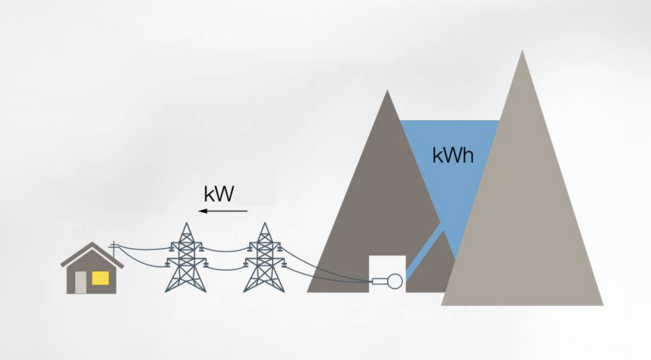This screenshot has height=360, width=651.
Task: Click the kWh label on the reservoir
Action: pos(453,155)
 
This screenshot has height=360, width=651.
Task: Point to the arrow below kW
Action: pos(223,211)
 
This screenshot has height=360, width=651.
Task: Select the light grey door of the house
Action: pos(81,282)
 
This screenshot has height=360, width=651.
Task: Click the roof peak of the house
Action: pos(91,244)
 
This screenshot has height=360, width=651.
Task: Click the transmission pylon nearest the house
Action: pos(186,259)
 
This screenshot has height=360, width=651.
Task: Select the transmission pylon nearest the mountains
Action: pos(264,259)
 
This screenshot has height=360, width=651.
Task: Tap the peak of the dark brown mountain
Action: pos(387,91)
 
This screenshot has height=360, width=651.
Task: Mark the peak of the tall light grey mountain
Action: pos(523,51)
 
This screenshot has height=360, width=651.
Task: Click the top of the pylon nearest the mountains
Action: pos(264,224)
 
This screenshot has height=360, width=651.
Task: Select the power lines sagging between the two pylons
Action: pos(225,252)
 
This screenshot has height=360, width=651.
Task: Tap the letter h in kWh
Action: pos(467,154)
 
